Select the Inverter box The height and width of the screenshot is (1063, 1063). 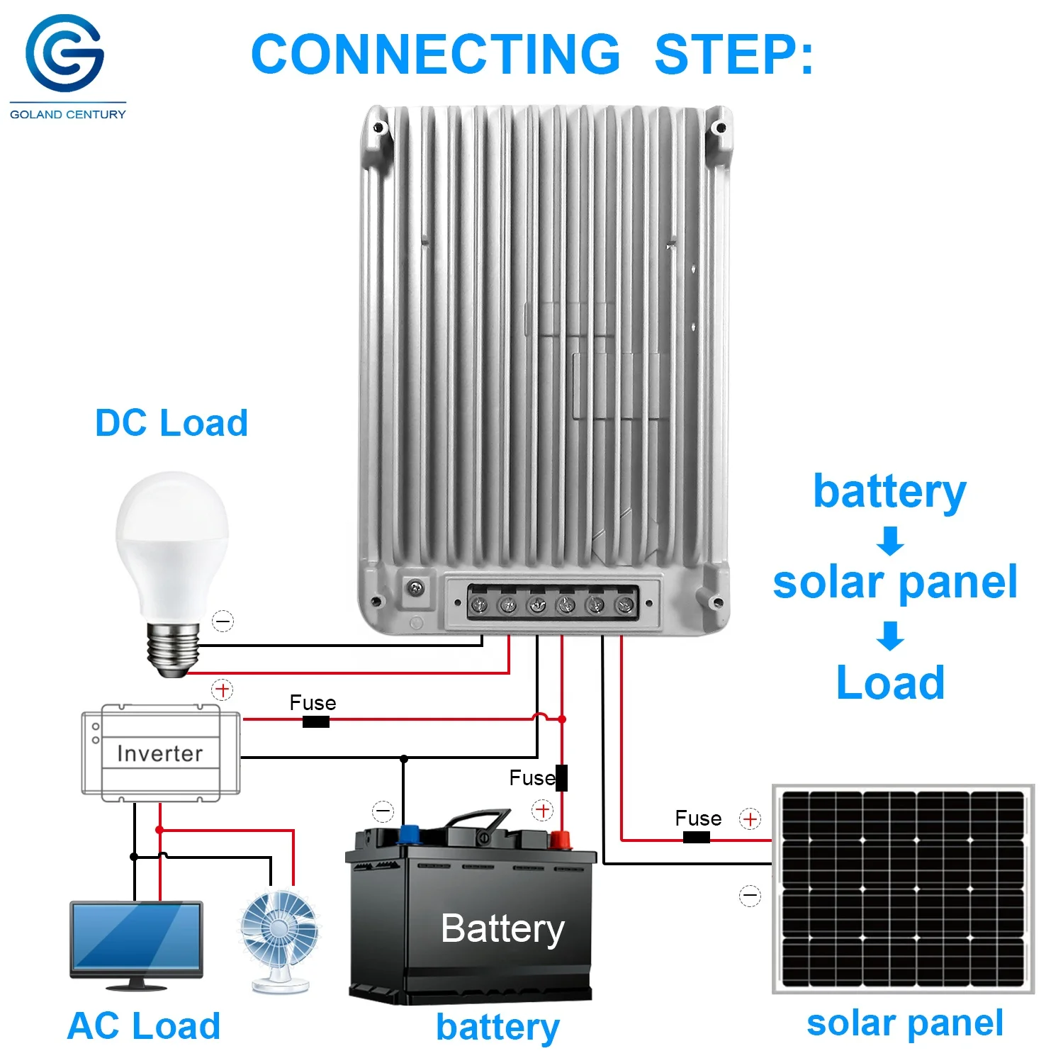click(161, 753)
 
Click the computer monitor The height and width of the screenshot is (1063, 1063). click(136, 943)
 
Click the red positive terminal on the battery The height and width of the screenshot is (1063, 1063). click(561, 840)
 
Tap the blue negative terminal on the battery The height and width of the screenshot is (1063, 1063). click(409, 834)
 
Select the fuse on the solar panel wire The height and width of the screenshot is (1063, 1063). click(696, 838)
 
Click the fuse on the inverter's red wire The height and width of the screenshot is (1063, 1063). click(315, 721)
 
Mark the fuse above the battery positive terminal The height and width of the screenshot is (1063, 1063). click(561, 777)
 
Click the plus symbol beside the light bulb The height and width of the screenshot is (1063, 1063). click(223, 690)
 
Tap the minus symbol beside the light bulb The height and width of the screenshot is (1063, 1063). click(223, 622)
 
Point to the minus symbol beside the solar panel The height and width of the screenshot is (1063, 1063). click(750, 896)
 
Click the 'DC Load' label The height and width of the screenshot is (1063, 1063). click(171, 423)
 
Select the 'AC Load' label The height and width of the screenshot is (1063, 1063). click(144, 1025)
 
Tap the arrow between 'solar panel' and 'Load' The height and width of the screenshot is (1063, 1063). click(890, 635)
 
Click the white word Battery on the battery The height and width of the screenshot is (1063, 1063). click(502, 928)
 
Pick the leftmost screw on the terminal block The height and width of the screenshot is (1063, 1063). click(480, 604)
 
